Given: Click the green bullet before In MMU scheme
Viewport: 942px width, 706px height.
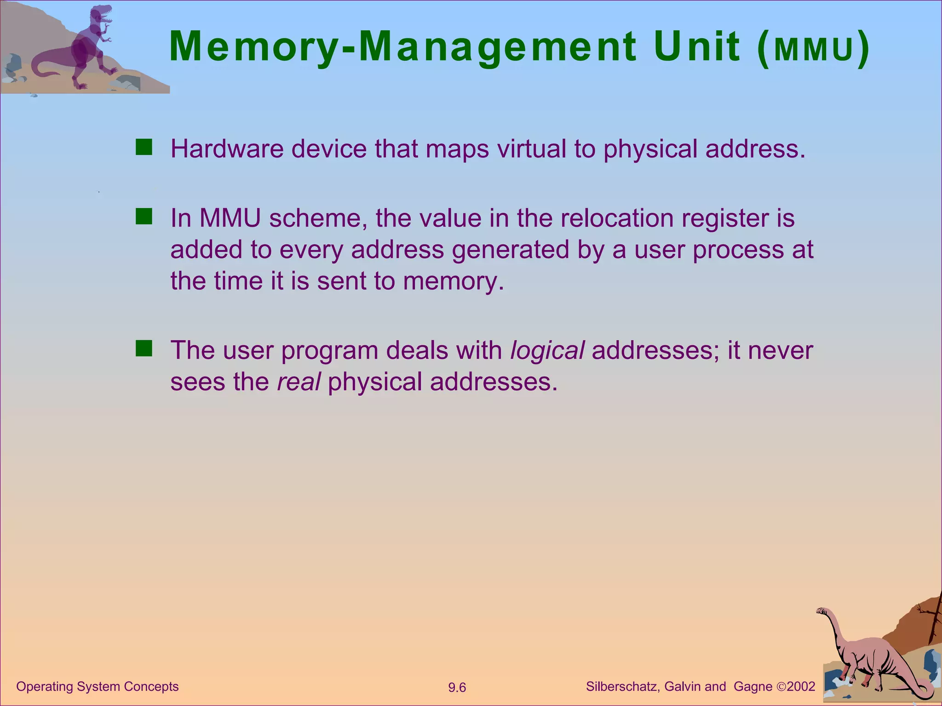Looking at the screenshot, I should point(144,216).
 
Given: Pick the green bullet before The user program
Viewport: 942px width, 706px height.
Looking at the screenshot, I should point(144,348).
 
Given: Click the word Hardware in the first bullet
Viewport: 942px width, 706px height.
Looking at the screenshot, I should point(227,149).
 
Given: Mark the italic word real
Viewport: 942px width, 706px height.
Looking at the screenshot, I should point(299,382).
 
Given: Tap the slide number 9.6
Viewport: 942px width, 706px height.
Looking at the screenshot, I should point(457,688).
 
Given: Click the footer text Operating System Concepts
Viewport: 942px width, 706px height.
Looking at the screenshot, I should point(98,687).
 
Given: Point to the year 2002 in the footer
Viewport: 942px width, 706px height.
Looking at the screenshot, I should point(801,687).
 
